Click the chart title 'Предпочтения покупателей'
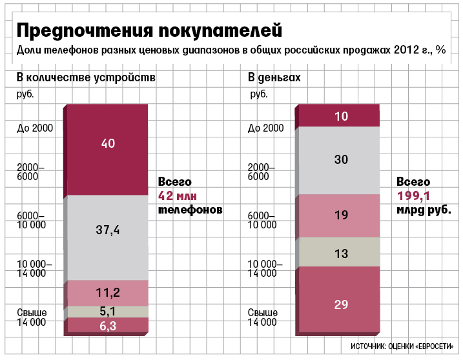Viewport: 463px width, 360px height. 149,30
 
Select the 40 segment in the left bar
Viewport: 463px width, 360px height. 108,143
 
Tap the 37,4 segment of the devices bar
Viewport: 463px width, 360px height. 108,230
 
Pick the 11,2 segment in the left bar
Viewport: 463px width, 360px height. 108,293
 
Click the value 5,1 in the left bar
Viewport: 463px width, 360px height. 108,311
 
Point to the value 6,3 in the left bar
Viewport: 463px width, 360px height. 108,326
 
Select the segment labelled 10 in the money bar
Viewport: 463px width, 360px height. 342,116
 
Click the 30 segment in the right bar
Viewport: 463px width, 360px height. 342,159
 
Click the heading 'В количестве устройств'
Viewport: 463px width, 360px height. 86,78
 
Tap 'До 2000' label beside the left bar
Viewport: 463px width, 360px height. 35,128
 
